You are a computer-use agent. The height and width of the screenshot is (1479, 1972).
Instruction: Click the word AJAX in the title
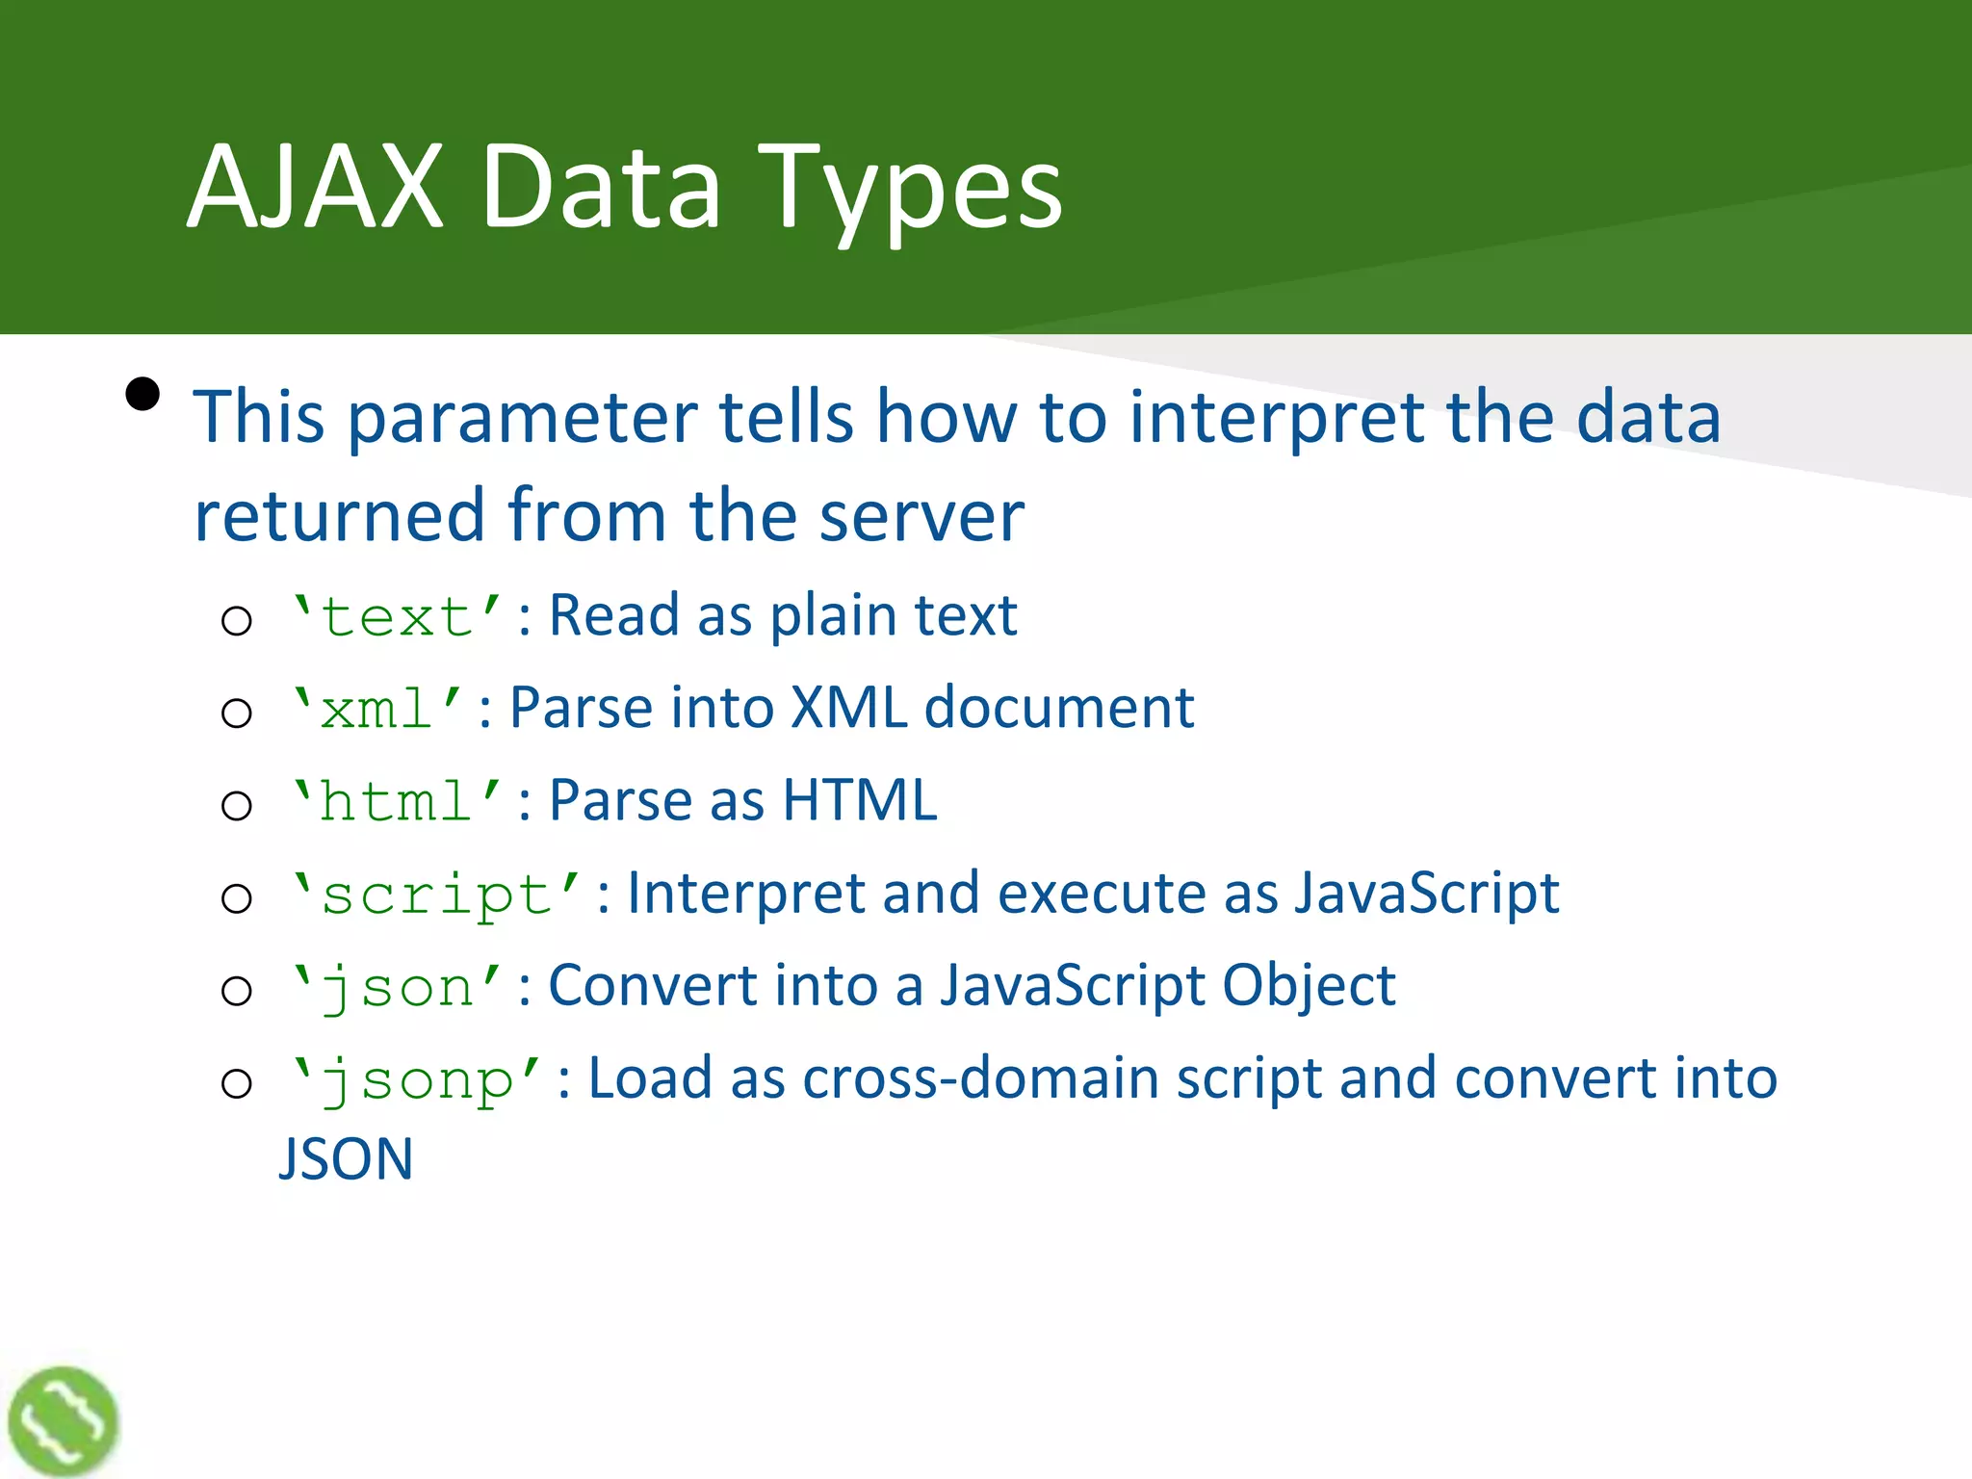pos(315,187)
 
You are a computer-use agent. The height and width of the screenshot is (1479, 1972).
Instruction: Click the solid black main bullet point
pos(143,395)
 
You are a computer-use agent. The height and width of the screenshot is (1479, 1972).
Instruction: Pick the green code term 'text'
pos(396,616)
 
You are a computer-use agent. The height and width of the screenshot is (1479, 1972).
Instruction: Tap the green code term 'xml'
pos(376,709)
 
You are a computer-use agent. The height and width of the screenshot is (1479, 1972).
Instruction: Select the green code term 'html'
pos(396,801)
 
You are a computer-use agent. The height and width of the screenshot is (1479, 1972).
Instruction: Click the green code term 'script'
pos(435,895)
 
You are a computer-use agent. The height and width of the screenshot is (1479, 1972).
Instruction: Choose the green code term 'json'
pos(396,987)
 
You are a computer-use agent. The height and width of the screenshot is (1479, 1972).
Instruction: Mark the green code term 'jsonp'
pos(416,1079)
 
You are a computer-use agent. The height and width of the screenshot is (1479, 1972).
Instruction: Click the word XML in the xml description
pos(848,709)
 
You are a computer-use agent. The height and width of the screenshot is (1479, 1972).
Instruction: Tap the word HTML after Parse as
pos(859,801)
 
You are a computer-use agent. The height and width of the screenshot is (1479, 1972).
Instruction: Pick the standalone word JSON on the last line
pos(346,1159)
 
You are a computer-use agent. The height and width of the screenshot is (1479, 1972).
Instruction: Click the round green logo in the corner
pos(63,1421)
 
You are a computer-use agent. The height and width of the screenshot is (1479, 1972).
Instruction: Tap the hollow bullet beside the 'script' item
pos(236,898)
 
